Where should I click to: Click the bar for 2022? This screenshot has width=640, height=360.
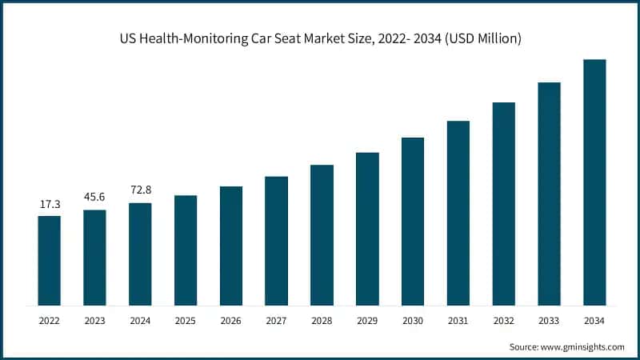coord(49,260)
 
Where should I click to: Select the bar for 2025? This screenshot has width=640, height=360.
coord(186,250)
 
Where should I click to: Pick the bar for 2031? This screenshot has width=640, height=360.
coord(458,213)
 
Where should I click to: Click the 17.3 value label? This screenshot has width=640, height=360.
coord(49,206)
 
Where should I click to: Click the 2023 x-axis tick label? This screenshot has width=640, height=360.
coord(94,321)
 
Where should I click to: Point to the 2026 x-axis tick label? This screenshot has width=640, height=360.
coord(231,321)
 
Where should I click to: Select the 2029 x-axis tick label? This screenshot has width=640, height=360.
coord(367,321)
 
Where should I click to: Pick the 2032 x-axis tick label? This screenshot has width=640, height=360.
coord(503,321)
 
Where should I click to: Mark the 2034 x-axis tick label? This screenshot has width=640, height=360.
coord(594,321)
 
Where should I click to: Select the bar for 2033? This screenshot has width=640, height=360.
coord(549,194)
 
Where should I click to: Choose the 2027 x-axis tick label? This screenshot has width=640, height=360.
coord(276,321)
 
